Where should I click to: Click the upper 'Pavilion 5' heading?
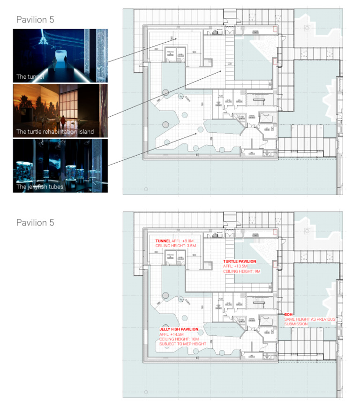pyautogui.click(x=35, y=20)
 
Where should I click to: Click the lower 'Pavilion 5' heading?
pyautogui.click(x=35, y=222)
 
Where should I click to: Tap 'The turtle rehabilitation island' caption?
pyautogui.click(x=55, y=132)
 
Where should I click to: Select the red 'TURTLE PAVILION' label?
pyautogui.click(x=240, y=261)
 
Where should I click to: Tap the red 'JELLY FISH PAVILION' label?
pyautogui.click(x=179, y=329)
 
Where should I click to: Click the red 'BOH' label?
pyautogui.click(x=288, y=315)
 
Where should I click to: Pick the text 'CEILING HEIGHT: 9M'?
pyautogui.click(x=241, y=271)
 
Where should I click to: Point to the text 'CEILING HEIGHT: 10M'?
pyautogui.click(x=179, y=339)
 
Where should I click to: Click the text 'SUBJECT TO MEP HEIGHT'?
pyautogui.click(x=183, y=344)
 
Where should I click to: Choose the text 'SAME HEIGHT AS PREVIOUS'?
pyautogui.click(x=310, y=319)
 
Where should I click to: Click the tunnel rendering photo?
pyautogui.click(x=60, y=55)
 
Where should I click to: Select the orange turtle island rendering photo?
pyautogui.click(x=60, y=111)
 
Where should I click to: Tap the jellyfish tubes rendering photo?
pyautogui.click(x=60, y=165)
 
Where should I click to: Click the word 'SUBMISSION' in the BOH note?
pyautogui.click(x=296, y=324)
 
